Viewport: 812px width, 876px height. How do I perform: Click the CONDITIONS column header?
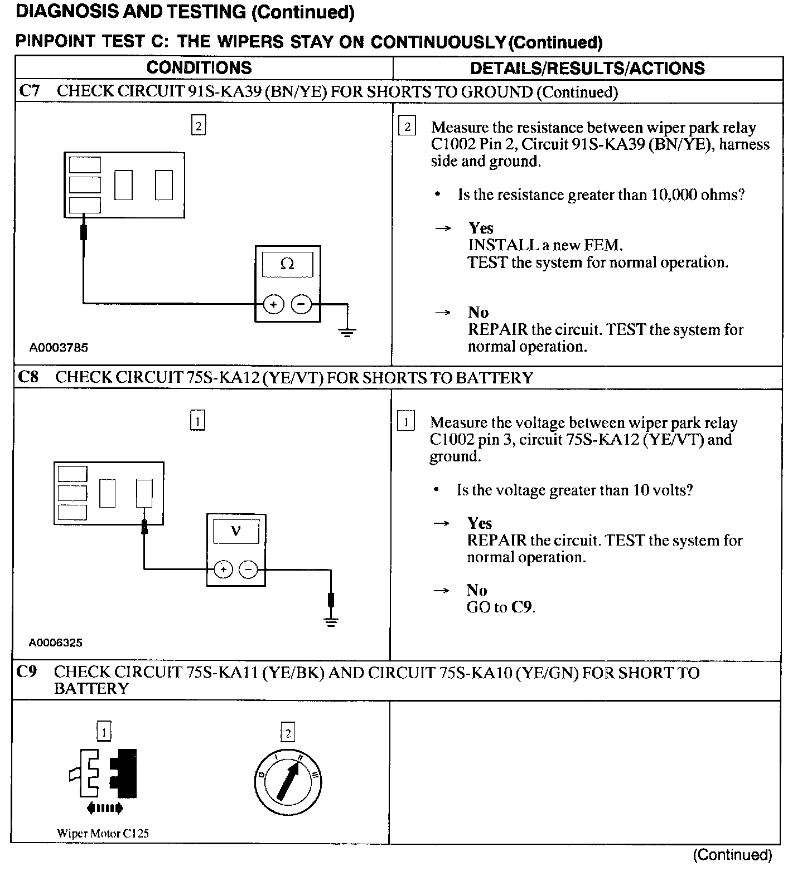[x=199, y=68]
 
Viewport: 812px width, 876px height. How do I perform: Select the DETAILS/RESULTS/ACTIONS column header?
[x=587, y=68]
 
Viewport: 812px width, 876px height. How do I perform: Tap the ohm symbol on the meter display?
[x=287, y=264]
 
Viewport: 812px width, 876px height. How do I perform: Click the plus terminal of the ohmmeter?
[x=273, y=304]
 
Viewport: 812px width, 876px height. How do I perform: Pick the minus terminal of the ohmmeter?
[x=302, y=304]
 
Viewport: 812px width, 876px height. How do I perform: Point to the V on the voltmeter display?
[x=235, y=532]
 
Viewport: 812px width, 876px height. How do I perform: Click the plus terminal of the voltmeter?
[x=223, y=569]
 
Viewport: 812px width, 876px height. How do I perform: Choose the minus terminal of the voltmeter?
[x=249, y=569]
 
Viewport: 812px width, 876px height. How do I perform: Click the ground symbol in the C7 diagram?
[x=347, y=333]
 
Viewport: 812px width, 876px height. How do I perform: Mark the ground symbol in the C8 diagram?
[x=331, y=622]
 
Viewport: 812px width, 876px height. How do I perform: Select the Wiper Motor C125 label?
[x=103, y=834]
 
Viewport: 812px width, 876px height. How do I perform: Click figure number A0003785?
[x=59, y=348]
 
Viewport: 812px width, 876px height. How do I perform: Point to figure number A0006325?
[x=56, y=643]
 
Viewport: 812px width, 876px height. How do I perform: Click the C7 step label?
[x=29, y=91]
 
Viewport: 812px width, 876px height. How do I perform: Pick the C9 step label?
[x=27, y=672]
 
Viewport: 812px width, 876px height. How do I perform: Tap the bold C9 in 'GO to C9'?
[x=523, y=607]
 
